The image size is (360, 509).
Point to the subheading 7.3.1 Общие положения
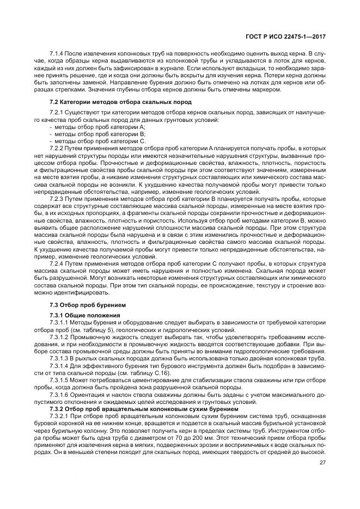click(82, 315)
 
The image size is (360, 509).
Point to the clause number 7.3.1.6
click(60, 394)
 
